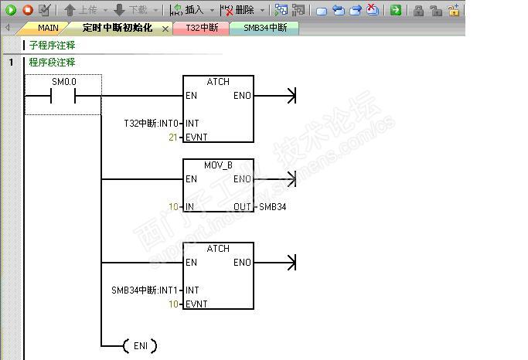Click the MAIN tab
click(x=47, y=28)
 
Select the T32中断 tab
click(x=201, y=28)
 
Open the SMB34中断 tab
click(x=264, y=28)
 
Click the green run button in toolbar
click(x=11, y=10)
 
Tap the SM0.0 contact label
click(x=64, y=82)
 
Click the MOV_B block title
click(x=218, y=165)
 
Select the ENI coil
click(x=140, y=345)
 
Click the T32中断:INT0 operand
click(x=152, y=124)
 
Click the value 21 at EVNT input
click(x=173, y=138)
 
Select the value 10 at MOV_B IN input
click(x=173, y=207)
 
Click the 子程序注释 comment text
click(x=52, y=46)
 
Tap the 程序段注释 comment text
click(x=52, y=63)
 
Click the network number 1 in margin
click(x=11, y=63)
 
